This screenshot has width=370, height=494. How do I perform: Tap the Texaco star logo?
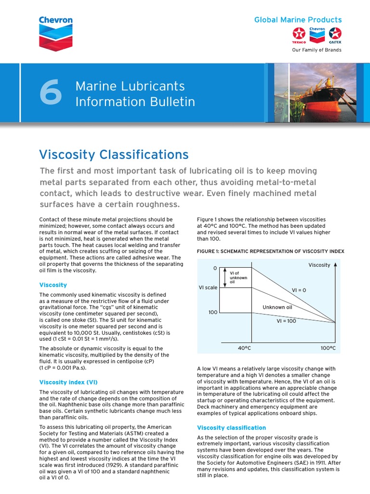tap(299, 35)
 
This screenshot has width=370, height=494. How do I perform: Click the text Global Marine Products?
tap(298, 20)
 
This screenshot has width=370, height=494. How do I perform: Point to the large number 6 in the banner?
tap(51, 94)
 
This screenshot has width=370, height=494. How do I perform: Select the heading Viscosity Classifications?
tap(114, 154)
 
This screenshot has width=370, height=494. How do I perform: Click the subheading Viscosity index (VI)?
tap(68, 382)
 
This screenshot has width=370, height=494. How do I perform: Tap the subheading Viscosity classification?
tap(231, 427)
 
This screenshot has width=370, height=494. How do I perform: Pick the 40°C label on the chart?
tap(245, 347)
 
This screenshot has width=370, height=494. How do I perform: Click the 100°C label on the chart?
tap(328, 347)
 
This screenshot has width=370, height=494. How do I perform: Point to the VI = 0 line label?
tap(299, 290)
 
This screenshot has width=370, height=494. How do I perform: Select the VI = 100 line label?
tap(286, 321)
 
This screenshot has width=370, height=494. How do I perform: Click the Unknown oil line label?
tap(277, 307)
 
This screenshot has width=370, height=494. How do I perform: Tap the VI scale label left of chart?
tap(208, 288)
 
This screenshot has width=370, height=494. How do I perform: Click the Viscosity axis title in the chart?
tap(319, 265)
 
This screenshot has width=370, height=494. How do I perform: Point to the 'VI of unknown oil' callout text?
tap(238, 277)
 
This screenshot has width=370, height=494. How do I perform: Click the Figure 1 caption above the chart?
tap(270, 251)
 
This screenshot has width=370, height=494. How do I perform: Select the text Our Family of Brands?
tap(317, 50)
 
